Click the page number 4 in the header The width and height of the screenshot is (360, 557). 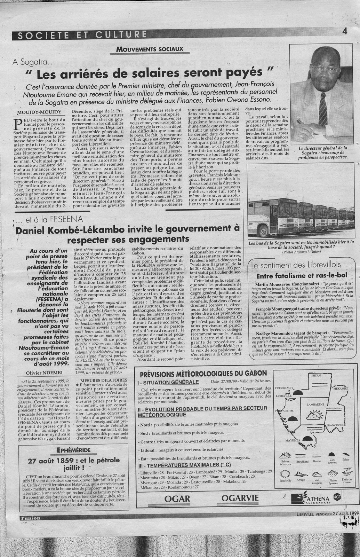345,31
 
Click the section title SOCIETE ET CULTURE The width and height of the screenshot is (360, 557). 81,34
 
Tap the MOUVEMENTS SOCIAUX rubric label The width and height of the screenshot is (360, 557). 150,49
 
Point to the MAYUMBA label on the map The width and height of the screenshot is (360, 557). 292,440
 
